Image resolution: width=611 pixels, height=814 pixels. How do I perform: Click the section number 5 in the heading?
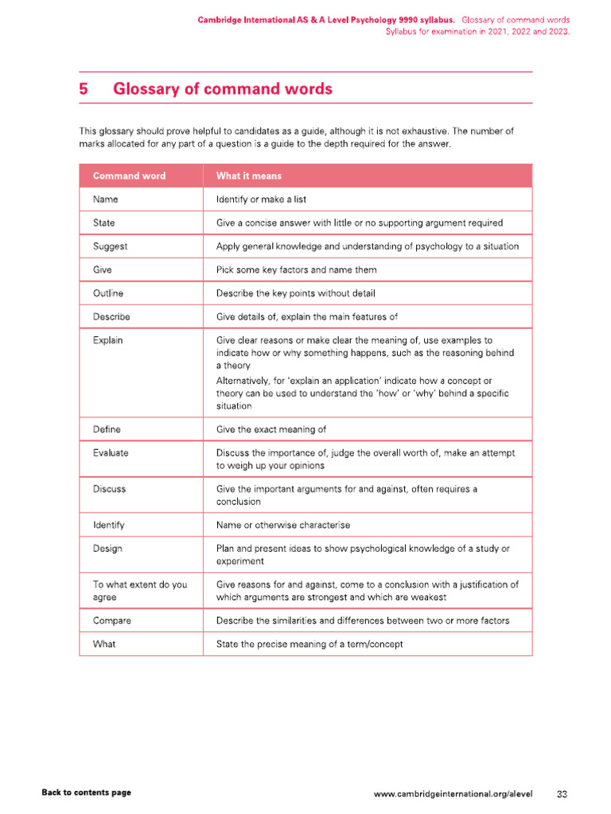pyautogui.click(x=84, y=89)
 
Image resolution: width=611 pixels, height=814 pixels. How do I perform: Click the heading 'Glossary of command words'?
pyautogui.click(x=223, y=89)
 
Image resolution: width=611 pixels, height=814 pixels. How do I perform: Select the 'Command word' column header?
pyautogui.click(x=129, y=176)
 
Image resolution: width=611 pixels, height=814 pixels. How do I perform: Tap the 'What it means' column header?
pyautogui.click(x=248, y=176)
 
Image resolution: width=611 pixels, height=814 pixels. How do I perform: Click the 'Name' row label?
pyautogui.click(x=106, y=200)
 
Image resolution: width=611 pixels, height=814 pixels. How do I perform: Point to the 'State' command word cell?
pyautogui.click(x=104, y=223)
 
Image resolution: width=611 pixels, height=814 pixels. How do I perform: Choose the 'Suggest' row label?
pyautogui.click(x=111, y=246)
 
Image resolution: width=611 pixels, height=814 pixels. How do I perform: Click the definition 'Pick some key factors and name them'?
pyautogui.click(x=297, y=270)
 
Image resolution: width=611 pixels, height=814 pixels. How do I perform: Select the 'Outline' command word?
pyautogui.click(x=108, y=293)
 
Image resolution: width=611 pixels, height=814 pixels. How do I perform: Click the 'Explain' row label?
pyautogui.click(x=108, y=340)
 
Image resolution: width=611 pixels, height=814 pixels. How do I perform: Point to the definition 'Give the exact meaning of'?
pyautogui.click(x=271, y=429)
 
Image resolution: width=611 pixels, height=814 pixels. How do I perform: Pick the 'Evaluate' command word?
pyautogui.click(x=111, y=452)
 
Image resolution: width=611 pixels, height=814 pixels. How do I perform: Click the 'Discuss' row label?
pyautogui.click(x=109, y=489)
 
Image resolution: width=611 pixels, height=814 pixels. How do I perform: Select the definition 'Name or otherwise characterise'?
pyautogui.click(x=283, y=525)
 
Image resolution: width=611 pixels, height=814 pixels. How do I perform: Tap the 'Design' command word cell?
pyautogui.click(x=108, y=548)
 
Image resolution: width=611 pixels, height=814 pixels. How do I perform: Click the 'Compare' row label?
pyautogui.click(x=112, y=620)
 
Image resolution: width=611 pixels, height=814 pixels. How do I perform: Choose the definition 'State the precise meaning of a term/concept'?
pyautogui.click(x=309, y=644)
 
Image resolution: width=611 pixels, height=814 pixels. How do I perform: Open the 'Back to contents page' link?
pyautogui.click(x=86, y=793)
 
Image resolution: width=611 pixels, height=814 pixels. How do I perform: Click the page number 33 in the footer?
pyautogui.click(x=562, y=793)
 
